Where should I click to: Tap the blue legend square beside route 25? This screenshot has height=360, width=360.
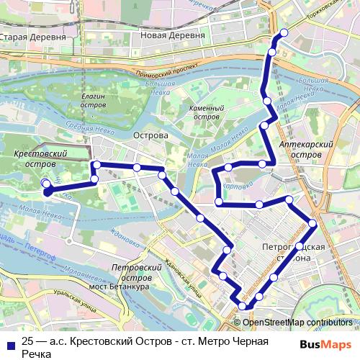[x=9, y=342]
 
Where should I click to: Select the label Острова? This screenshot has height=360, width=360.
[x=151, y=135]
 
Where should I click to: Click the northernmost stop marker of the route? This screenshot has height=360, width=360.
[x=284, y=32]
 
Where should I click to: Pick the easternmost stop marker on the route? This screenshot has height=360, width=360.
[x=312, y=224]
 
